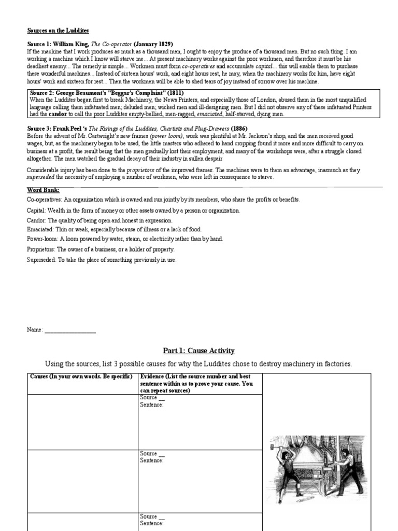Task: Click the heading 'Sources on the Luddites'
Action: (58, 31)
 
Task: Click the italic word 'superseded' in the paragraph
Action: (44, 178)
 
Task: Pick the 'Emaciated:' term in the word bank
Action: (41, 229)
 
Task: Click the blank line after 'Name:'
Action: (70, 330)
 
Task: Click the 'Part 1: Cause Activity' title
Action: (199, 351)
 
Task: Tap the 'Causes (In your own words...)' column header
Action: (81, 376)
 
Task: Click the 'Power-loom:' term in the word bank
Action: (44, 239)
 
